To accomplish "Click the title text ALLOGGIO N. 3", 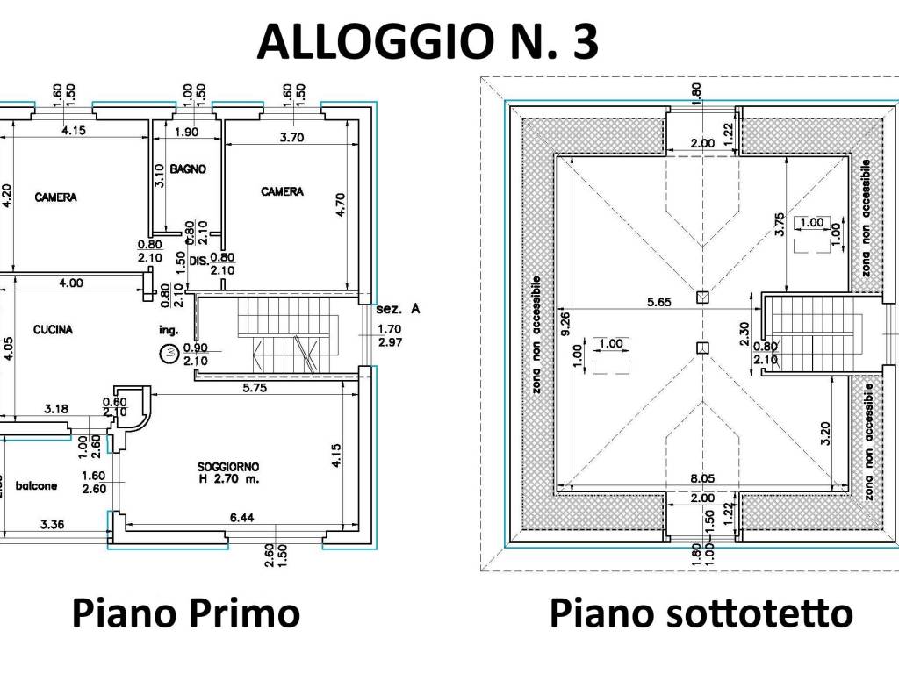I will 428,41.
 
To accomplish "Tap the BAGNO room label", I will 188,168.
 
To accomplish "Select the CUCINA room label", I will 53,330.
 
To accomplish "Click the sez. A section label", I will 398,310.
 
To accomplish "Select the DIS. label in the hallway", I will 197,260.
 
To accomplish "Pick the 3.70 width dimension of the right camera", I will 291,137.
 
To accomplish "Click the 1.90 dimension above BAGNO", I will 186,133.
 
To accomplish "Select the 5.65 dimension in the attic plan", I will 658,302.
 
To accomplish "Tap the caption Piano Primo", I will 185,613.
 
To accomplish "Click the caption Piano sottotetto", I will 701,613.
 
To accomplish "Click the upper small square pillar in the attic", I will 701,298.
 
